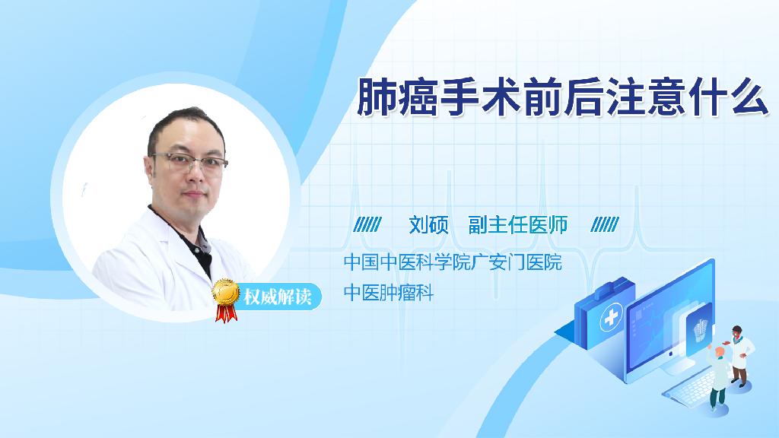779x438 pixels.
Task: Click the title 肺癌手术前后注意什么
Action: pyautogui.click(x=563, y=97)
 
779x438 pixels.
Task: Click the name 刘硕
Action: pyautogui.click(x=428, y=225)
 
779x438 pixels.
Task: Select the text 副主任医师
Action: pyautogui.click(x=517, y=225)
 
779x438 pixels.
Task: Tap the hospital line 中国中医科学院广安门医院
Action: pyautogui.click(x=453, y=262)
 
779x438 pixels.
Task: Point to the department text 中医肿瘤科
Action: pyautogui.click(x=389, y=293)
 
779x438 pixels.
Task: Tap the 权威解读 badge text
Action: pyautogui.click(x=278, y=297)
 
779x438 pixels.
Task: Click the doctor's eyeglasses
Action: pyautogui.click(x=189, y=162)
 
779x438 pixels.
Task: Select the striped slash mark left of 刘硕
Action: pyautogui.click(x=367, y=225)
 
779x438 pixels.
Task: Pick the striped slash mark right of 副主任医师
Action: pyautogui.click(x=605, y=225)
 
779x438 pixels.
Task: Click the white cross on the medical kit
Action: pyautogui.click(x=611, y=317)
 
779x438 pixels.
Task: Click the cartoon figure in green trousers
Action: pyautogui.click(x=718, y=377)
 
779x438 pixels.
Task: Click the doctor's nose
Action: pyautogui.click(x=196, y=173)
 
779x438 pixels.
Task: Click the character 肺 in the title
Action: pyautogui.click(x=377, y=97)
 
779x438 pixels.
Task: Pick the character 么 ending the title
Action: pyautogui.click(x=749, y=97)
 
